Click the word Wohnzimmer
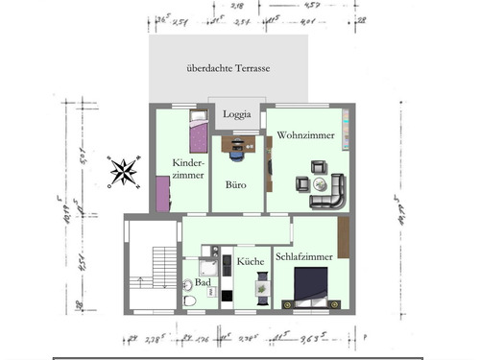(305, 136)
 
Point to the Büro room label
(236, 183)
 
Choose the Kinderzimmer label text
(187, 169)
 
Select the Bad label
(203, 283)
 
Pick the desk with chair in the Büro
(238, 146)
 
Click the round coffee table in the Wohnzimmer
(318, 182)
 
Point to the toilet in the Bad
(190, 300)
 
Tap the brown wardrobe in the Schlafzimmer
(343, 237)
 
